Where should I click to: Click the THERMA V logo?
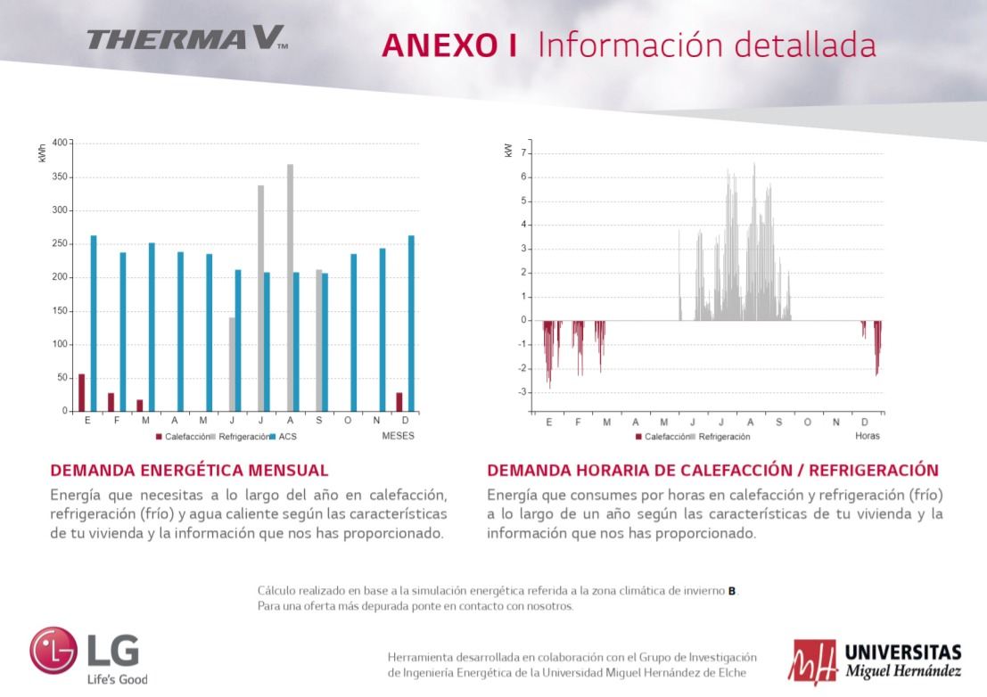coord(186,38)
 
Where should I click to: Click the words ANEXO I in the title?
coord(449,45)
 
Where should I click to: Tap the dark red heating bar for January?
coord(82,392)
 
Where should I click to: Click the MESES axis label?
coord(398,436)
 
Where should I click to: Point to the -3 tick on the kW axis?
coord(523,392)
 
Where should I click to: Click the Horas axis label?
coord(867,436)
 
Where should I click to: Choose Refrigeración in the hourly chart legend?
coord(723,437)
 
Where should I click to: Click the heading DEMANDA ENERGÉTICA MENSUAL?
coord(189,470)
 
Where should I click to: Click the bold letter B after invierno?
coord(732,590)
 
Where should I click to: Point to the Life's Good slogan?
coord(117,679)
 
